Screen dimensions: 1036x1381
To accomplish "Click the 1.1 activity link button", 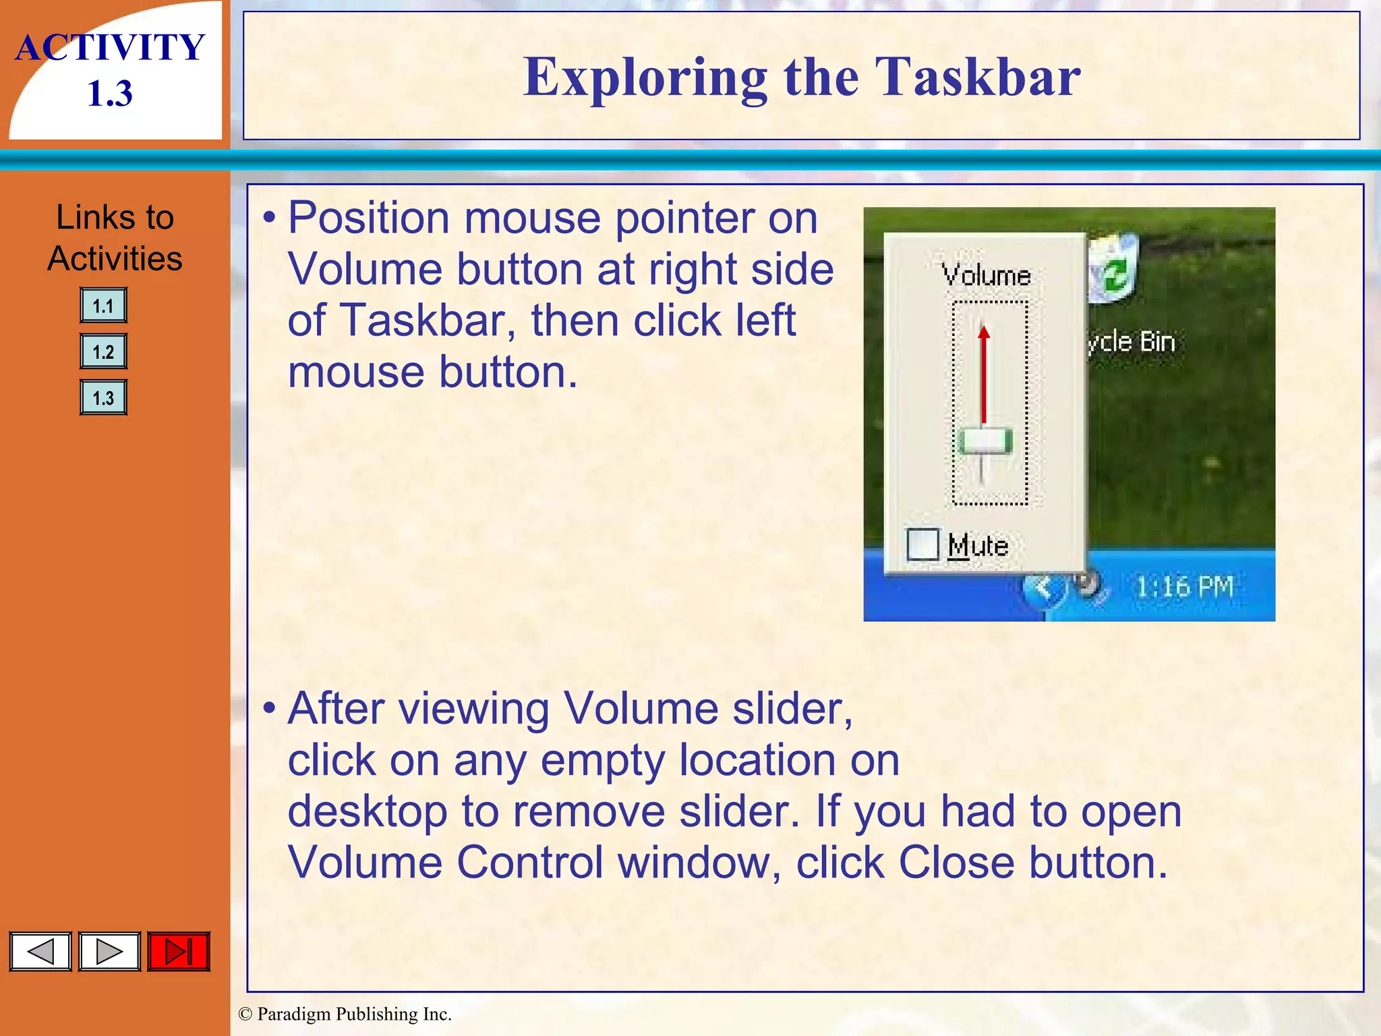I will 103,306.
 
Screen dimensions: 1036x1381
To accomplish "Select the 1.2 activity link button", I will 103,352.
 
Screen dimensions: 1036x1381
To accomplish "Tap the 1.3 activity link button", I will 103,398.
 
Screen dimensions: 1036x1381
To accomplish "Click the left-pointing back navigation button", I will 40,952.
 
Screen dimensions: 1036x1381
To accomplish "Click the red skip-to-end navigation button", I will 179,952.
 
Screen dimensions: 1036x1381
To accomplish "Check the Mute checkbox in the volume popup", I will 922,544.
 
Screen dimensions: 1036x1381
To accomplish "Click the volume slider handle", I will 985,442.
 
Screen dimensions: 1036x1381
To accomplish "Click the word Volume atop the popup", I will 986,275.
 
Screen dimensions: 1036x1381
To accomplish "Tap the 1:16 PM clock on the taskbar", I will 1185,587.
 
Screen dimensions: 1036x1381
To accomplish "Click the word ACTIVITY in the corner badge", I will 110,48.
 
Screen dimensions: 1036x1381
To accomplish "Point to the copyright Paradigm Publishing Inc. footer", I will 345,1014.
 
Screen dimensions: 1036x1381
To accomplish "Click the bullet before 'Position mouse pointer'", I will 270,219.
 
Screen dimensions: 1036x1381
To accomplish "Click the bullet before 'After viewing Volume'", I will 270,709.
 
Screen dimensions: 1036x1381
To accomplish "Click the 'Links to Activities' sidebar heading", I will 115,237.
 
